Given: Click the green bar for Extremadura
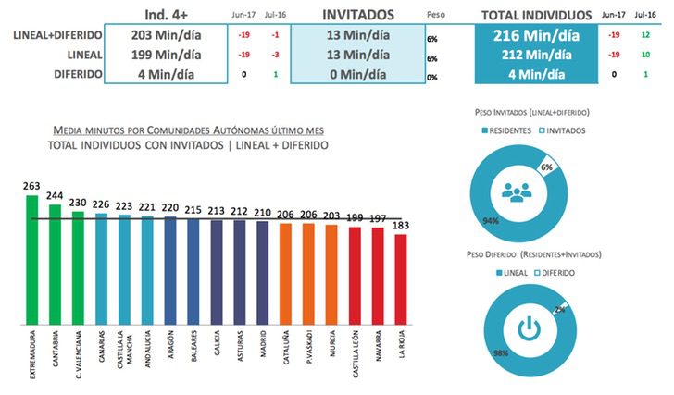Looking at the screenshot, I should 32,259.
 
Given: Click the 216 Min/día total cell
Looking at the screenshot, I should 534,35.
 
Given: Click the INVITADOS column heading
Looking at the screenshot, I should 353,15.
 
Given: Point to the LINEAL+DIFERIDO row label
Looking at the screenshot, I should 52,35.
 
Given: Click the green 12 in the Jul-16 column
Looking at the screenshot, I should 645,35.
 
